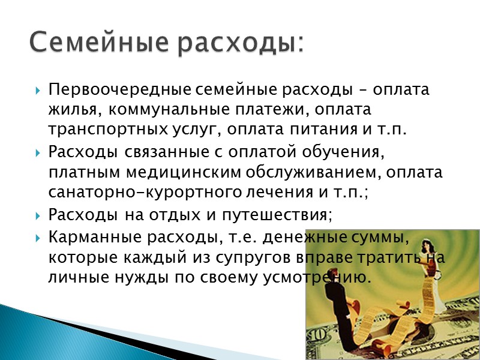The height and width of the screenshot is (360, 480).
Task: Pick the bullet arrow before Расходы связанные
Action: coord(38,153)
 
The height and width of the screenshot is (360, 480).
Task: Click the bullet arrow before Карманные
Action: coord(38,238)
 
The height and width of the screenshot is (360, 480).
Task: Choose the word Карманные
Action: coord(92,237)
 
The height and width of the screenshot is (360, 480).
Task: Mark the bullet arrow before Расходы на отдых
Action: coord(38,215)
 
